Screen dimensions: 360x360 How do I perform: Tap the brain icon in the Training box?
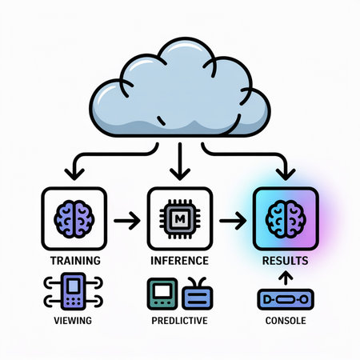click(x=73, y=218)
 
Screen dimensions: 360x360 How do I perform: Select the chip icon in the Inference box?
click(x=180, y=218)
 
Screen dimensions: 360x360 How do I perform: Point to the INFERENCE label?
click(x=180, y=260)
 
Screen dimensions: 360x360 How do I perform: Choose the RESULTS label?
click(x=286, y=260)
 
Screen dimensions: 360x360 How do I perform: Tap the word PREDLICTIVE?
click(x=180, y=320)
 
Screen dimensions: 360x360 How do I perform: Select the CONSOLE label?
click(x=286, y=320)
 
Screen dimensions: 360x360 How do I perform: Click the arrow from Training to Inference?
click(x=126, y=218)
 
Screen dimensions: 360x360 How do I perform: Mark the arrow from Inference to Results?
click(x=233, y=218)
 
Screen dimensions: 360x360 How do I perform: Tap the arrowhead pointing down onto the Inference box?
click(x=180, y=171)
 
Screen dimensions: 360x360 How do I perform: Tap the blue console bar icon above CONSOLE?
click(x=286, y=301)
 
